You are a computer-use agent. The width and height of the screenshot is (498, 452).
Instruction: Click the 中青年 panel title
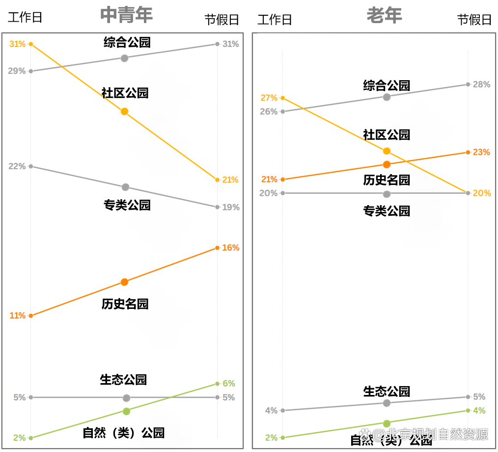[126, 15]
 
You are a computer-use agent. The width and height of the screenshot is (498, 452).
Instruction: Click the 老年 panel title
[384, 15]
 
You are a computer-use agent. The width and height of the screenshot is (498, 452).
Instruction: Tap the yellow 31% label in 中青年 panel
[17, 44]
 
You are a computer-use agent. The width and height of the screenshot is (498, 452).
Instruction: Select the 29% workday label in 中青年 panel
[17, 71]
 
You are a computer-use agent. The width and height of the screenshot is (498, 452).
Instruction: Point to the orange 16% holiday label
[231, 248]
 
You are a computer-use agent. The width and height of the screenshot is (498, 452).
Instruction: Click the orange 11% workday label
[17, 316]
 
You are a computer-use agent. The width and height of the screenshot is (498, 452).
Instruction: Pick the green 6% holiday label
[229, 384]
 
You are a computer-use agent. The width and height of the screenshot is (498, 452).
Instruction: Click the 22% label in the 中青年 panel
[17, 166]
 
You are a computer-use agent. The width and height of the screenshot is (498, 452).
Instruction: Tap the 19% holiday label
[231, 208]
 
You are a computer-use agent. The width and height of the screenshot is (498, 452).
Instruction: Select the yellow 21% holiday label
[230, 180]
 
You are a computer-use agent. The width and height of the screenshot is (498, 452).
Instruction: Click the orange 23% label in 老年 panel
[481, 152]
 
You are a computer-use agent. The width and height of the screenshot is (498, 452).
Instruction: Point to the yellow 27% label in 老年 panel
[269, 98]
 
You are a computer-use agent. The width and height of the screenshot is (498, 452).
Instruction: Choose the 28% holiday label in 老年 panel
[481, 85]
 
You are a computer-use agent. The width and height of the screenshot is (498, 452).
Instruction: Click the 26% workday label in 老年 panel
[269, 112]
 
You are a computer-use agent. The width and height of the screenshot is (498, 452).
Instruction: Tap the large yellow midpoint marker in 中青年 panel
[125, 112]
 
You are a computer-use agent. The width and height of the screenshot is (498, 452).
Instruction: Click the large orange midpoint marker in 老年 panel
[387, 164]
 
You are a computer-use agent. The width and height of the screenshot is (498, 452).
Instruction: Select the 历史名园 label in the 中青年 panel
[125, 304]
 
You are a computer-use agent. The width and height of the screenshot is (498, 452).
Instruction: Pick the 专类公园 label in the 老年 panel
[387, 211]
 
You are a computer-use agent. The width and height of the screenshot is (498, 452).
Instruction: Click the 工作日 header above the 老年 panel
[275, 20]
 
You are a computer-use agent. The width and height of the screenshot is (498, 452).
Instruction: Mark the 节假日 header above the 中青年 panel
[222, 20]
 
